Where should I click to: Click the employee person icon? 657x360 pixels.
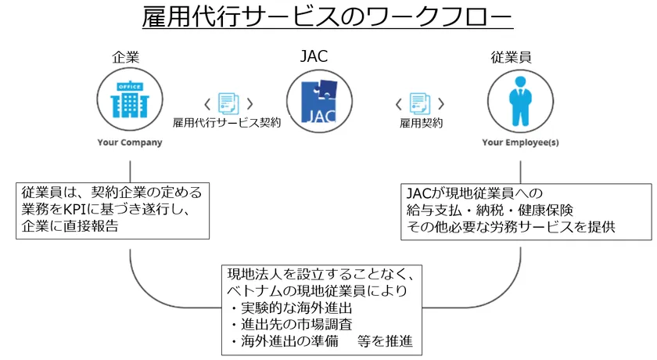(x=519, y=101)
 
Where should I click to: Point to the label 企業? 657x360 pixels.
(x=129, y=57)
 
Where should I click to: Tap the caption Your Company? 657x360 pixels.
(x=130, y=142)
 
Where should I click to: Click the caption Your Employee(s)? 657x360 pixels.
(x=520, y=142)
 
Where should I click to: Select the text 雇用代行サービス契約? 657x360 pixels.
(x=227, y=123)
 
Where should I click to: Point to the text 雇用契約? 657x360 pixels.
(x=421, y=123)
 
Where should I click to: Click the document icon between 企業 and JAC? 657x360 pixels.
(x=228, y=103)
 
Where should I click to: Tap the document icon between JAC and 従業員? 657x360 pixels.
(x=420, y=103)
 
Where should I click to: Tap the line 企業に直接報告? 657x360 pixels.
(x=70, y=228)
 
